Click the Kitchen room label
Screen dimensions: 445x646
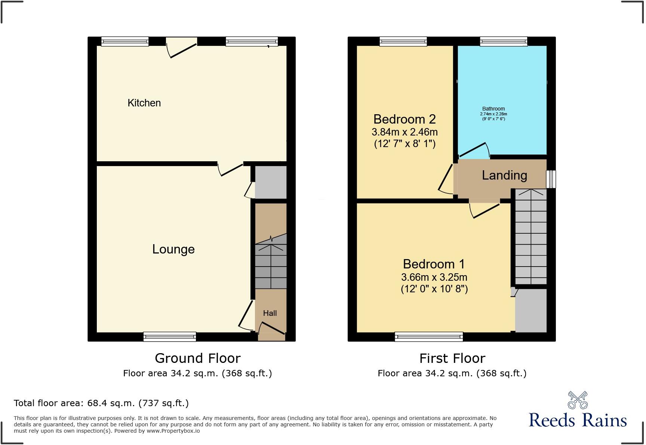(144, 103)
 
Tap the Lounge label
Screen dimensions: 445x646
(173, 249)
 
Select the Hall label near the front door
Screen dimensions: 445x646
(270, 313)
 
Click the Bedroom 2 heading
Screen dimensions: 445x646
(404, 119)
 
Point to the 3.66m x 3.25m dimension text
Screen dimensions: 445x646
(434, 277)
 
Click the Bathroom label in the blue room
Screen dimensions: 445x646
(493, 109)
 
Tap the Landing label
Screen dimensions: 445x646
(504, 175)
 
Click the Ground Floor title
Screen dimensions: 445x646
(197, 358)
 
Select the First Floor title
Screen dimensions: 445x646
(452, 358)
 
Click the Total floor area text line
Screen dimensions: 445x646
(101, 403)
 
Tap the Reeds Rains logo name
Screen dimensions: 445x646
(578, 420)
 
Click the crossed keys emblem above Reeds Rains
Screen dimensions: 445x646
(578, 400)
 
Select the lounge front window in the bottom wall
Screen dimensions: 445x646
(170, 337)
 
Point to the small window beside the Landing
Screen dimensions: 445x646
(551, 179)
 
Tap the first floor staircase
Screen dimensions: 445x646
(531, 237)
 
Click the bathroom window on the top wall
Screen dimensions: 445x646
(504, 41)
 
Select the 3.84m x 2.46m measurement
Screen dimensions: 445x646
(404, 132)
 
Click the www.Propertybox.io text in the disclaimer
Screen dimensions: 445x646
(173, 431)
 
